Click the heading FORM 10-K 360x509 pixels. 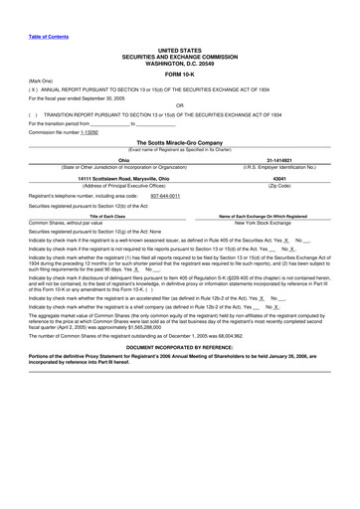180,74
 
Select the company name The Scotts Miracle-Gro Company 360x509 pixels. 179,142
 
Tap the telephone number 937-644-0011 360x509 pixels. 165,196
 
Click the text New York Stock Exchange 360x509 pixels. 264,223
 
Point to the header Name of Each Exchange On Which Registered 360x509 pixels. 264,216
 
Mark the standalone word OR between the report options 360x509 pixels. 180,103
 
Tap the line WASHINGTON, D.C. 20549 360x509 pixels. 180,62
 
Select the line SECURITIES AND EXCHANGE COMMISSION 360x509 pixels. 180,55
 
